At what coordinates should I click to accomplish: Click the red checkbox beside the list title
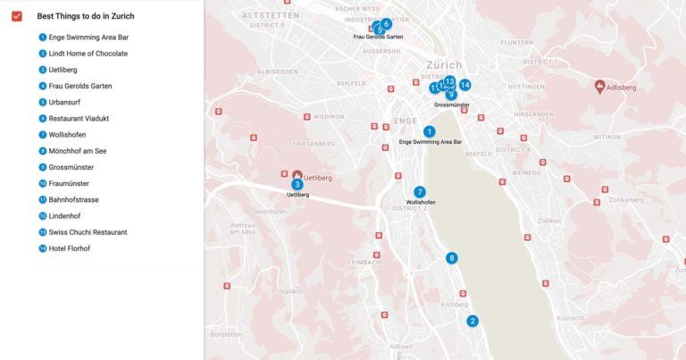(x=16, y=16)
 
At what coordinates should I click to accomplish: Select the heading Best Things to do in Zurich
(x=86, y=16)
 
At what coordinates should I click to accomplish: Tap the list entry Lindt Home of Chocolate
(x=88, y=54)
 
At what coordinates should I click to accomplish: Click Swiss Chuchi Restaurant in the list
(x=88, y=232)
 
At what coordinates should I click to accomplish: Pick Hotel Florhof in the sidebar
(x=70, y=248)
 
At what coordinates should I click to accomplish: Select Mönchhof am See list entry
(x=78, y=151)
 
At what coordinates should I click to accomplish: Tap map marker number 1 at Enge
(x=430, y=131)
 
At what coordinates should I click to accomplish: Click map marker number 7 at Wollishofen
(x=420, y=192)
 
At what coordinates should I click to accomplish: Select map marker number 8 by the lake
(x=452, y=258)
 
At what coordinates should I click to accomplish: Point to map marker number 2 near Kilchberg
(x=473, y=321)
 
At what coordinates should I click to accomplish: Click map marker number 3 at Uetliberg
(x=297, y=184)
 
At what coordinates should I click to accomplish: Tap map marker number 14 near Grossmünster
(x=465, y=86)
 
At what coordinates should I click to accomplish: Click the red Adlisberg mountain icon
(x=599, y=87)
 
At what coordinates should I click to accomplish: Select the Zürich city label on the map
(x=444, y=65)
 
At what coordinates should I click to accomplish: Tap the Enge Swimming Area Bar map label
(x=431, y=142)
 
